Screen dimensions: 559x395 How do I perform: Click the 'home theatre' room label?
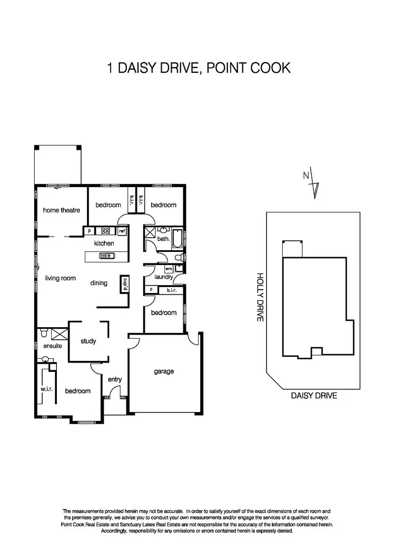click(x=61, y=210)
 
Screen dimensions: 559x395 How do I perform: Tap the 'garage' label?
click(x=164, y=371)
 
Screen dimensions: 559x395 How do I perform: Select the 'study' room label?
click(x=88, y=341)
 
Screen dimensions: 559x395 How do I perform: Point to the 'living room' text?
click(x=61, y=278)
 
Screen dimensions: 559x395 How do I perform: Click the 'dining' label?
click(x=98, y=283)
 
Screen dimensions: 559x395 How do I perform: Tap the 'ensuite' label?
click(x=53, y=346)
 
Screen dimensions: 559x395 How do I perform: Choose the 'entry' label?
click(x=115, y=379)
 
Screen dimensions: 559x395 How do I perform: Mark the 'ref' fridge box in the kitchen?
click(x=122, y=231)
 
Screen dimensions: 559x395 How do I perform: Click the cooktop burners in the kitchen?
click(x=105, y=231)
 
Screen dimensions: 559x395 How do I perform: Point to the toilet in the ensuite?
click(x=44, y=333)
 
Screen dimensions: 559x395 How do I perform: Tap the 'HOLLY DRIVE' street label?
click(x=259, y=298)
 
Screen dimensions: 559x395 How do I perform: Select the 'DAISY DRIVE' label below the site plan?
click(x=314, y=396)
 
